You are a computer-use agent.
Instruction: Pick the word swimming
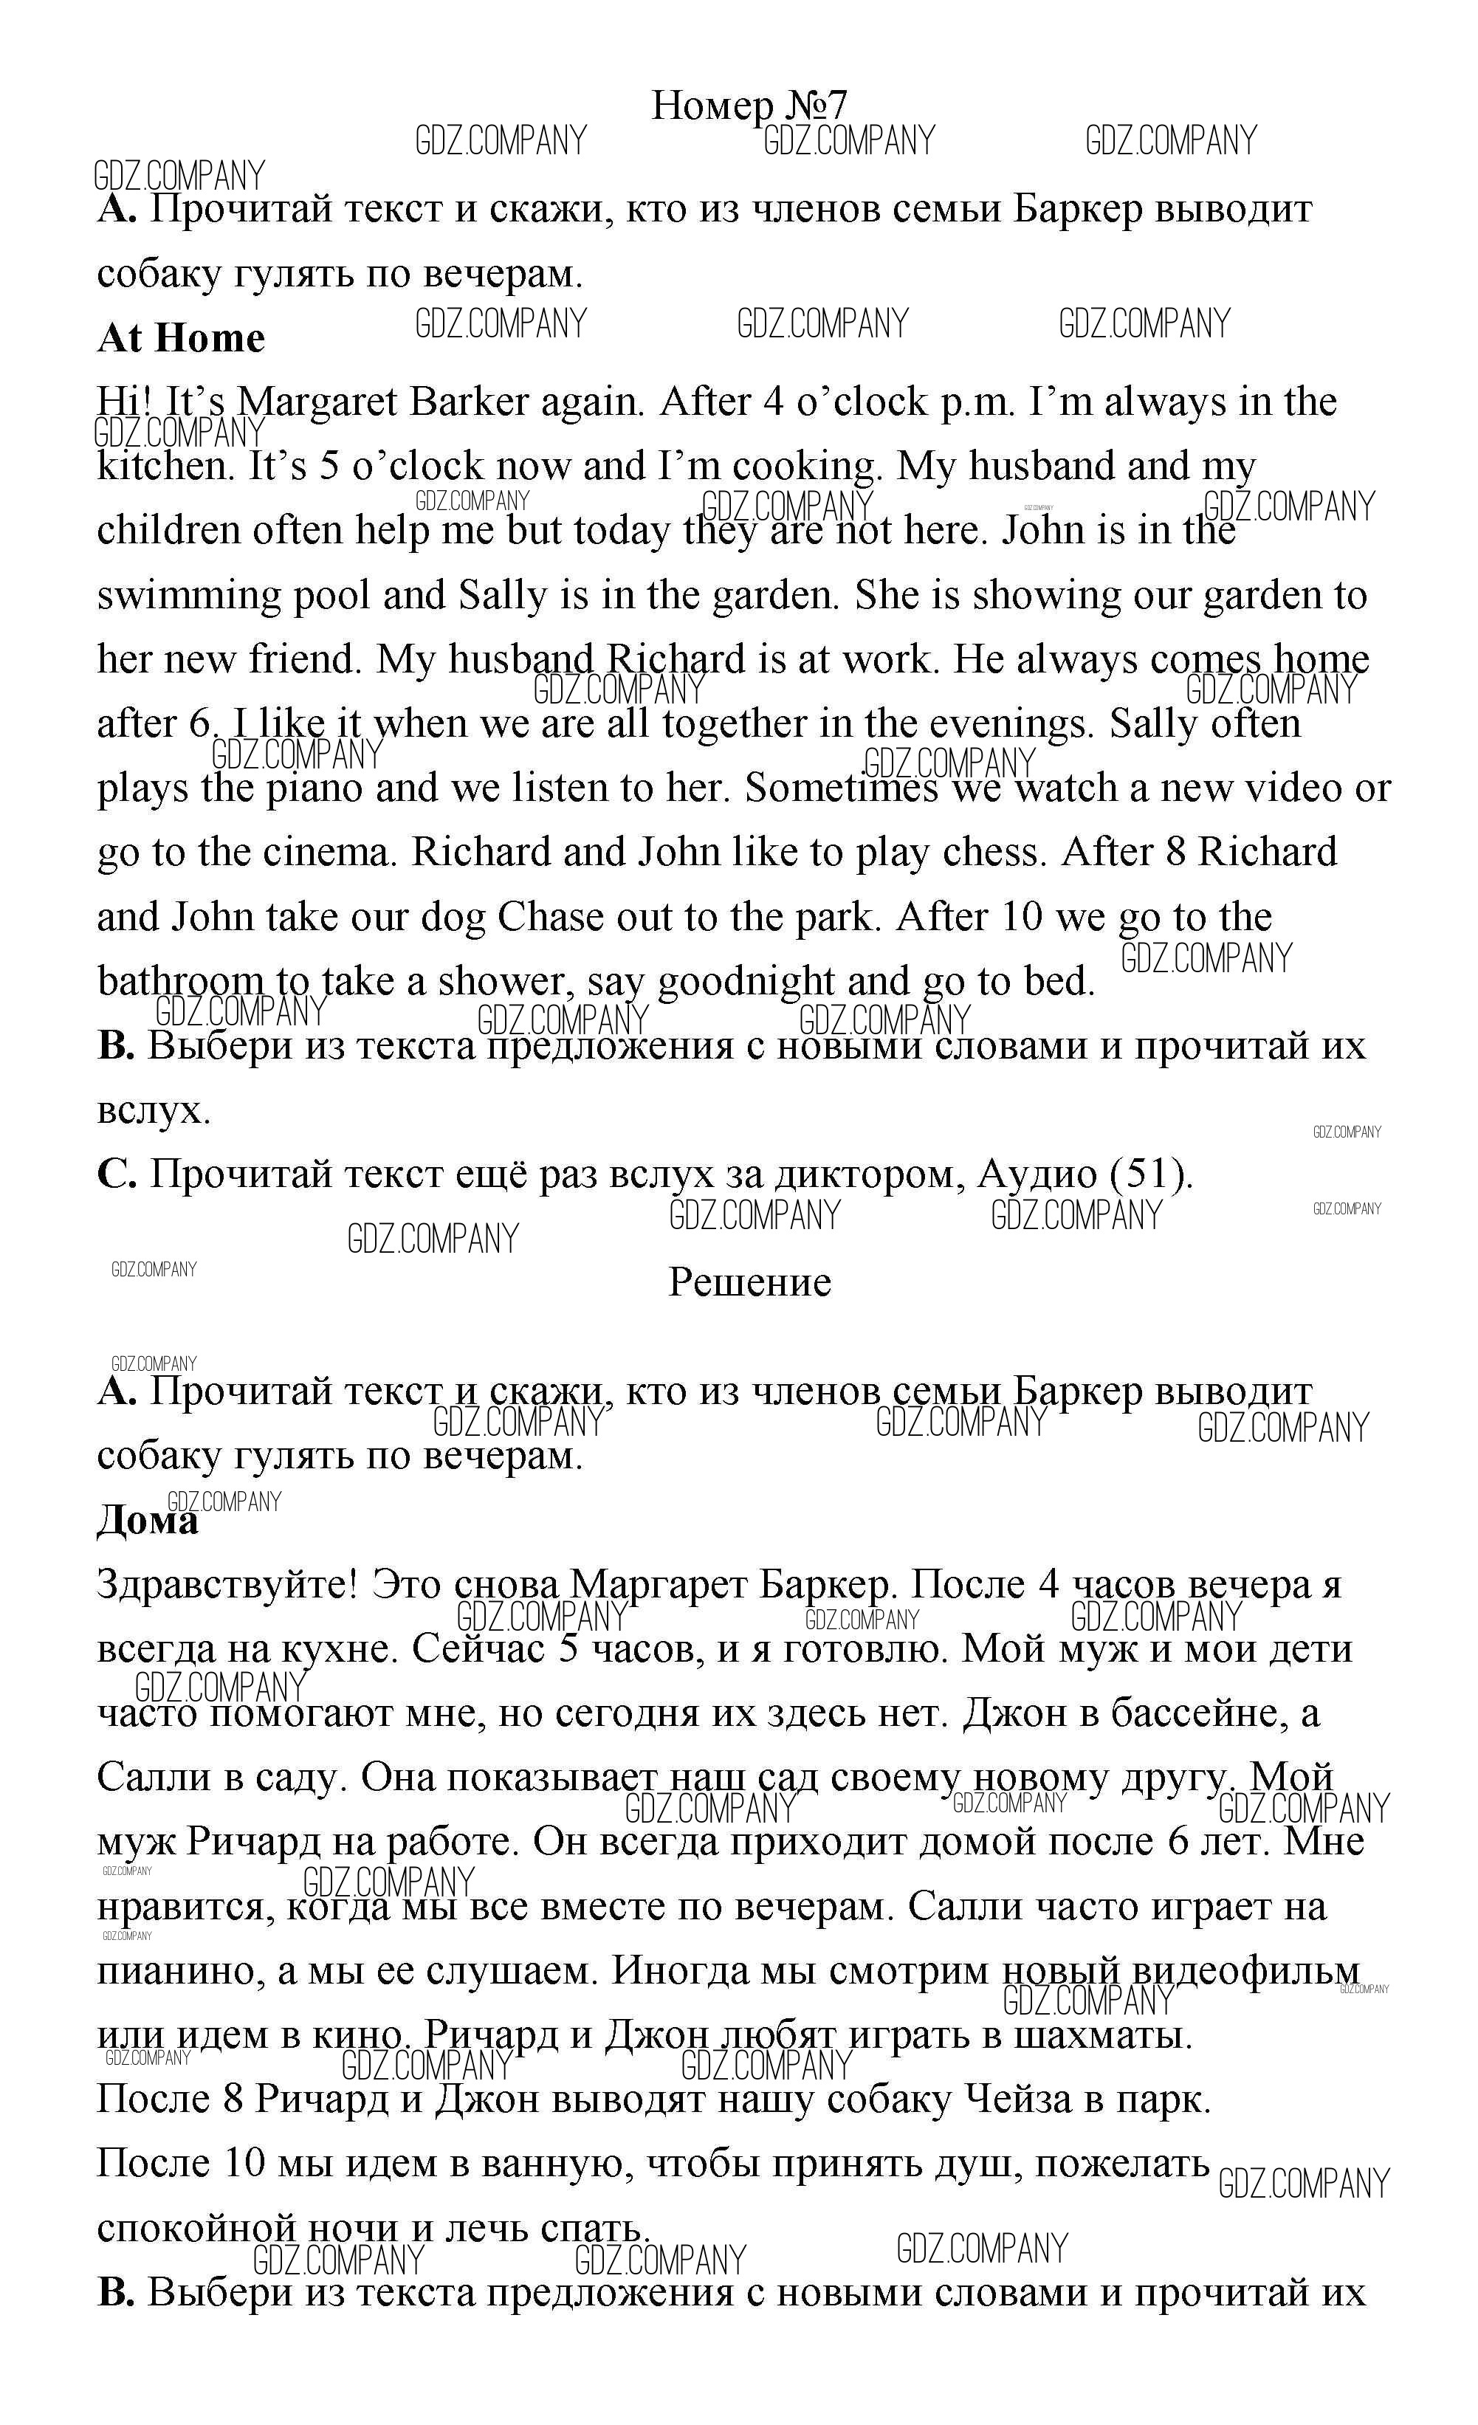[187, 596]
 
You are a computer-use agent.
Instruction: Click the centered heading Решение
[750, 1282]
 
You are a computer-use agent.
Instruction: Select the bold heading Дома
[147, 1521]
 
